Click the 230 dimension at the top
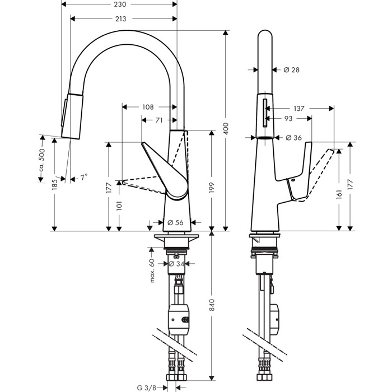(119, 4)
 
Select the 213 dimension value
(119, 19)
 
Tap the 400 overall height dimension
(226, 130)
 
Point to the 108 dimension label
(148, 106)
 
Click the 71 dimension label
(159, 120)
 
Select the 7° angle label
(83, 178)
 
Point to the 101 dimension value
(119, 206)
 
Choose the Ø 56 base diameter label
(176, 222)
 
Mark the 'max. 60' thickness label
(152, 270)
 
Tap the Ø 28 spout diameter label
(292, 70)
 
